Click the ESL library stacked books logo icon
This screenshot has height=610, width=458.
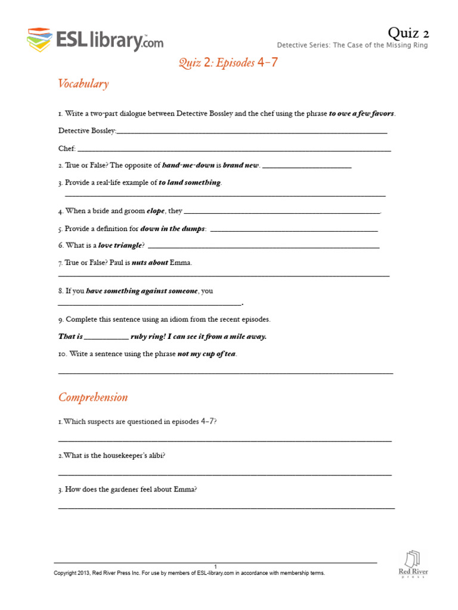point(39,39)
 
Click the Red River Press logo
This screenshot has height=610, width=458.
point(413,564)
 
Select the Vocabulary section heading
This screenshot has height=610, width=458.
point(83,83)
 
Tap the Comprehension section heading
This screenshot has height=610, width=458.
point(92,397)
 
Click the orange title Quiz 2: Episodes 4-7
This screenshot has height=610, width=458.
point(228,63)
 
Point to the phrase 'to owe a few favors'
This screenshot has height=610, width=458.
point(361,114)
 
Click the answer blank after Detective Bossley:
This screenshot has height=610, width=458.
point(252,131)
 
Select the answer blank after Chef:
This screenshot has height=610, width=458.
point(234,148)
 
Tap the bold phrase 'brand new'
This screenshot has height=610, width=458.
point(240,166)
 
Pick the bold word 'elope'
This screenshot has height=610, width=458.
point(156,211)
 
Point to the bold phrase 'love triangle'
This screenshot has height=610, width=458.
point(120,245)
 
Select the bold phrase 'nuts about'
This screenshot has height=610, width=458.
point(150,263)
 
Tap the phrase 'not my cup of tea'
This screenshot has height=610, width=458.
point(207,354)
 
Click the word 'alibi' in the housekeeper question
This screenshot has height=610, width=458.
point(153,456)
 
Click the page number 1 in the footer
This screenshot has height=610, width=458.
point(215,566)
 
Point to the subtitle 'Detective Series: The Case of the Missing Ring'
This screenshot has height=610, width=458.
point(352,45)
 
